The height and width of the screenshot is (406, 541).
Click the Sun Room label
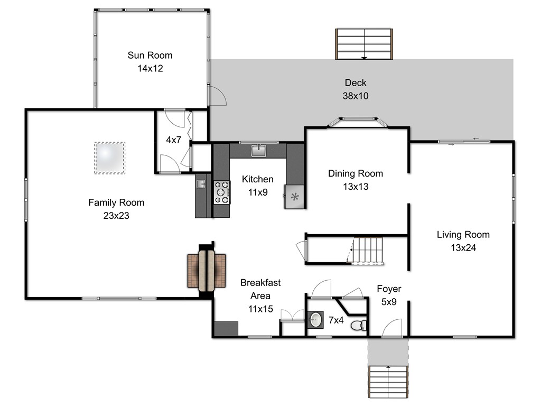(x=150, y=55)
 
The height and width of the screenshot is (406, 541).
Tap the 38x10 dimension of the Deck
(x=356, y=96)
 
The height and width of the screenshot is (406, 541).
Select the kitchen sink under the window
(x=258, y=151)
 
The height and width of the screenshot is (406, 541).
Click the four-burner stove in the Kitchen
(x=222, y=192)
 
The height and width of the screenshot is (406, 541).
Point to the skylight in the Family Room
(x=109, y=158)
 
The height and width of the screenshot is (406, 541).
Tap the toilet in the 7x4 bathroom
(x=359, y=325)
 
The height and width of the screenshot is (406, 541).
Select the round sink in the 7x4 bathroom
(x=315, y=319)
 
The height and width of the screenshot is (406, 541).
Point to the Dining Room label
(x=356, y=173)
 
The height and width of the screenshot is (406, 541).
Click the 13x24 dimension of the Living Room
(x=463, y=248)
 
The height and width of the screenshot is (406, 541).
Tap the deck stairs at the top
(x=364, y=44)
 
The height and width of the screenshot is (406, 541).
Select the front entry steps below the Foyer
(x=388, y=382)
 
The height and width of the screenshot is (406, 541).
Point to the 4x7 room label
(x=173, y=140)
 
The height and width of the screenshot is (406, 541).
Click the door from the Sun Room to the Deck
(x=217, y=95)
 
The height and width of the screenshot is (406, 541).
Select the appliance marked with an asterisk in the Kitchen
(x=294, y=197)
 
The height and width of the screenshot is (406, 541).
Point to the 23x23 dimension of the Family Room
(x=116, y=216)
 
